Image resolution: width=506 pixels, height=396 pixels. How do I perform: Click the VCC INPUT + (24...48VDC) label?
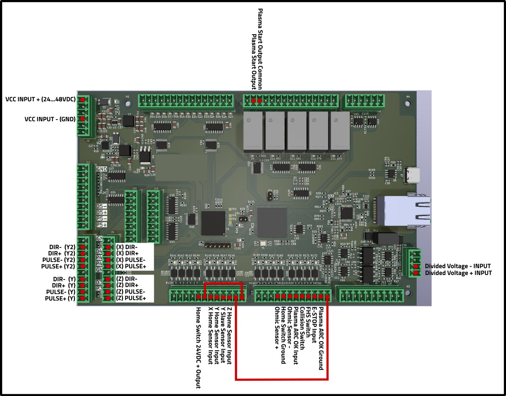click(40, 100)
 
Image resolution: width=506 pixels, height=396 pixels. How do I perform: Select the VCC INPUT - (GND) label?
click(50, 119)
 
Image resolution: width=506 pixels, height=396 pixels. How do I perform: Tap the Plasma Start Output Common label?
click(260, 49)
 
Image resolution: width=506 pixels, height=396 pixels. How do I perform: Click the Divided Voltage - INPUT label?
click(457, 266)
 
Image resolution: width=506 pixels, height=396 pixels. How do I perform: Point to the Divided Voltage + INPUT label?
click(458, 273)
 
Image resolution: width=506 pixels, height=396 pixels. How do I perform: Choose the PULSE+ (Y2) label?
click(58, 267)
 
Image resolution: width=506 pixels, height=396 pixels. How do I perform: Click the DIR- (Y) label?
click(64, 279)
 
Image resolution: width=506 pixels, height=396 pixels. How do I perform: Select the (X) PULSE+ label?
click(131, 266)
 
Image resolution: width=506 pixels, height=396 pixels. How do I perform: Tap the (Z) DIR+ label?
click(127, 285)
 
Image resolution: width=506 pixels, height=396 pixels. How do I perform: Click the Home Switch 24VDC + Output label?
click(198, 347)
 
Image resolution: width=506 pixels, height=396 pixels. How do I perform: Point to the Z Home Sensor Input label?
click(229, 336)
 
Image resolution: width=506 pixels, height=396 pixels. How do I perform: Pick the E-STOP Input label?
click(314, 325)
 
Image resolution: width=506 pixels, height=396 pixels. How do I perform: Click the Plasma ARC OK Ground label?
click(321, 338)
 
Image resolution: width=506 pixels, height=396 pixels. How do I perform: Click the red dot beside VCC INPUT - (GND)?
click(83, 119)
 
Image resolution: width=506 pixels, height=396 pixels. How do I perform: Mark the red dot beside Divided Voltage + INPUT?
click(416, 273)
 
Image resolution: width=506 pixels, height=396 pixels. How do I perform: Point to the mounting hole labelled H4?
click(407, 103)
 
